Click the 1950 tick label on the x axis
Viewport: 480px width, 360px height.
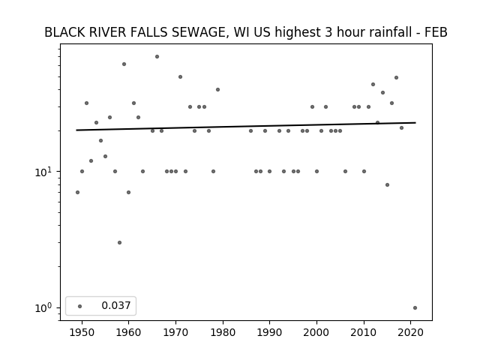82,332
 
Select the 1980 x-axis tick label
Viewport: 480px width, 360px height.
223,332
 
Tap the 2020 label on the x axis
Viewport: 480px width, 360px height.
411,332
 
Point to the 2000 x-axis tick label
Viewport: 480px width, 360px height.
316,332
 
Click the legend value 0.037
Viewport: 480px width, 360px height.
116,305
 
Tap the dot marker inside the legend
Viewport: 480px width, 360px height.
80,306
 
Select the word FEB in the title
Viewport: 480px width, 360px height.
436,32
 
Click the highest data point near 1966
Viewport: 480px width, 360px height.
157,57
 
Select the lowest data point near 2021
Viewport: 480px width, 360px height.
415,308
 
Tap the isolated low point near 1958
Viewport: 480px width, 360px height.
119,243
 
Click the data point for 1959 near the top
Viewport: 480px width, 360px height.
124,64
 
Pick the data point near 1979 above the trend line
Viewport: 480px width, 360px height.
217,90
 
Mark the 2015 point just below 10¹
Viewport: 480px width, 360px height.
387,185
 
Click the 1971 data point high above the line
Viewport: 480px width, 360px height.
180,76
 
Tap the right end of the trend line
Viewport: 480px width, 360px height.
415,123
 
